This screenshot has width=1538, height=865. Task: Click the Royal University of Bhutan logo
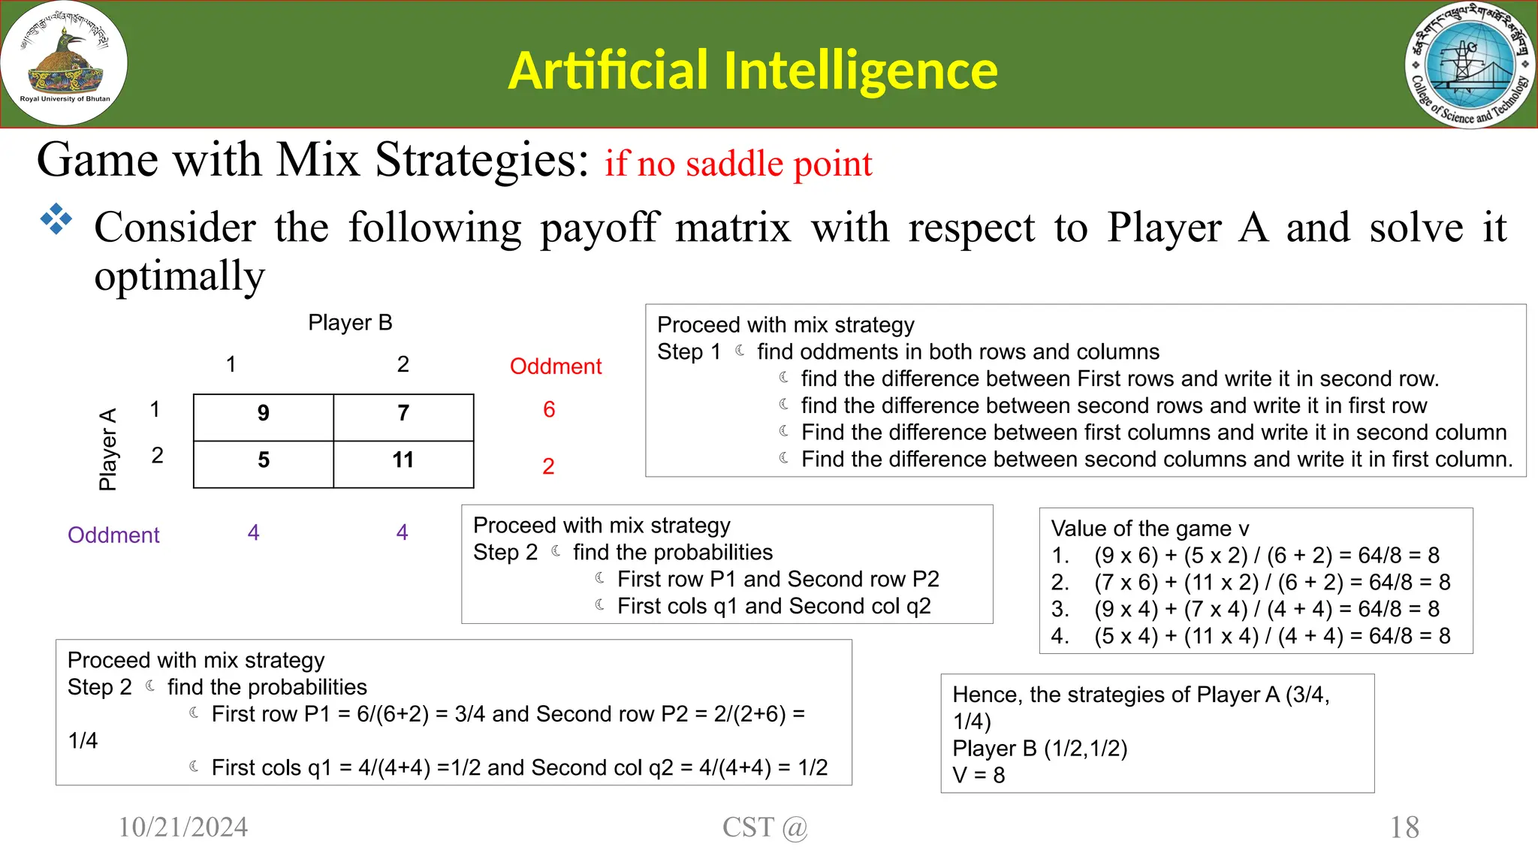(x=64, y=63)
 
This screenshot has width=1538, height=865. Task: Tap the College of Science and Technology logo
(x=1470, y=65)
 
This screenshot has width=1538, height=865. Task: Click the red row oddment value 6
(x=549, y=410)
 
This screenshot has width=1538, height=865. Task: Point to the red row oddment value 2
(x=548, y=466)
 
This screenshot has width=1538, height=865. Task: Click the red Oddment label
(x=556, y=366)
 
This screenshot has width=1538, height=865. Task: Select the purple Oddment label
(x=113, y=535)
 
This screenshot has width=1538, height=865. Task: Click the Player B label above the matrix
(x=350, y=323)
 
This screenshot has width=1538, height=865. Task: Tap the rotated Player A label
(x=108, y=449)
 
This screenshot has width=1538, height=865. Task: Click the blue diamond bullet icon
(x=56, y=220)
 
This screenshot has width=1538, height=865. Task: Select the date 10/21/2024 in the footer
(x=183, y=827)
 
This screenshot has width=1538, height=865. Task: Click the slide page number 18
(x=1404, y=827)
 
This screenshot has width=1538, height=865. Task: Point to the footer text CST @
(x=764, y=827)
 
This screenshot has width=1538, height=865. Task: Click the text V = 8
(x=978, y=775)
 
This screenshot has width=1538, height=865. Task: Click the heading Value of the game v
(x=1150, y=529)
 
